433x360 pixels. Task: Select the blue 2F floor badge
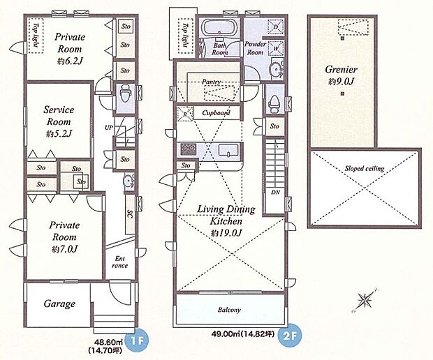[x=291, y=333]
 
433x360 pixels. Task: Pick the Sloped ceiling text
[x=365, y=168]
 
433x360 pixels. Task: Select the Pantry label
[x=212, y=82]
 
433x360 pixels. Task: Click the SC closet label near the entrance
[x=130, y=215]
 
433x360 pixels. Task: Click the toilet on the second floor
[x=274, y=103]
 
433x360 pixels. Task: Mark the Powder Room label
[x=255, y=48]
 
